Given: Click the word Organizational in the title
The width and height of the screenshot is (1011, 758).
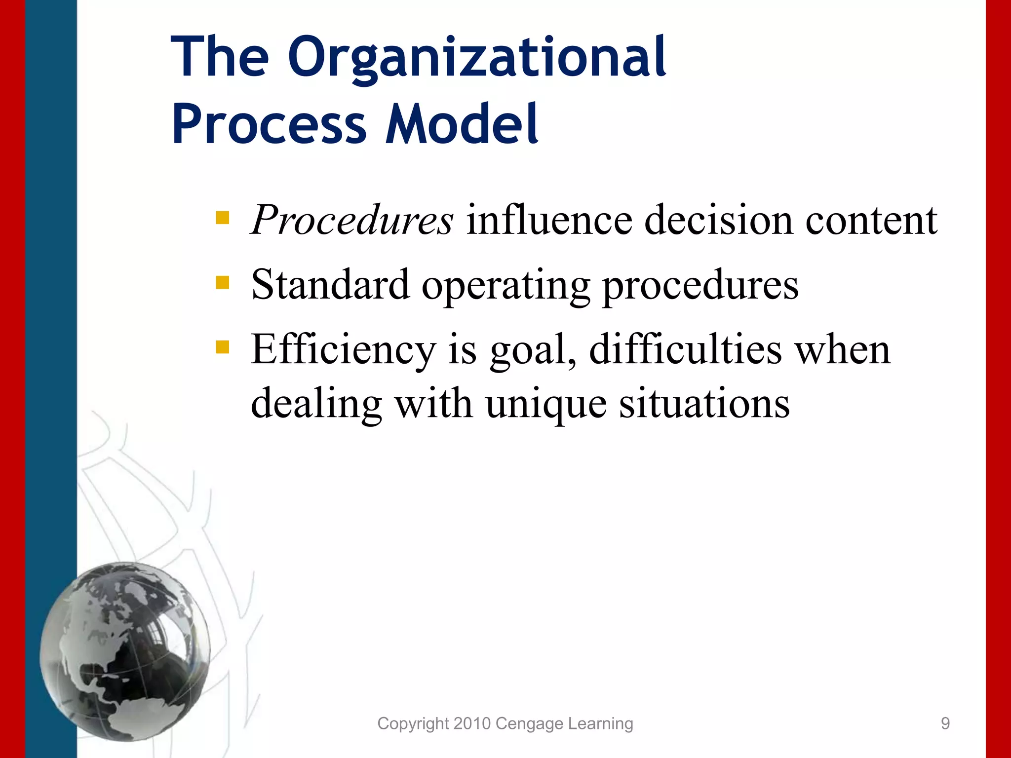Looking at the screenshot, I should click(476, 58).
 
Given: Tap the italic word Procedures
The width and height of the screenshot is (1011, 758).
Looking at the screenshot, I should click(351, 220).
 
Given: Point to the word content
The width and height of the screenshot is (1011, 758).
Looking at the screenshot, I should click(871, 220).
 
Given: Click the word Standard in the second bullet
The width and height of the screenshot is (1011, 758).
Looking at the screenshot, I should click(330, 285).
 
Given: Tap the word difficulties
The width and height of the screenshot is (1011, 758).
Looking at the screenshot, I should click(685, 349).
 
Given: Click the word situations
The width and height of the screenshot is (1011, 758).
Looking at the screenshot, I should click(704, 404).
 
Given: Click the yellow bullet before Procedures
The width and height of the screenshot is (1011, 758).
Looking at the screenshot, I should click(223, 218).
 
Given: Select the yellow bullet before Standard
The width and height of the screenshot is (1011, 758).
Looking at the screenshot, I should click(223, 282).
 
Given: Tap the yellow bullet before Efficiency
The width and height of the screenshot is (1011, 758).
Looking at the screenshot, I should click(223, 347).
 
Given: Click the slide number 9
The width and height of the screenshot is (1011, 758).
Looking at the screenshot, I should click(945, 723).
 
